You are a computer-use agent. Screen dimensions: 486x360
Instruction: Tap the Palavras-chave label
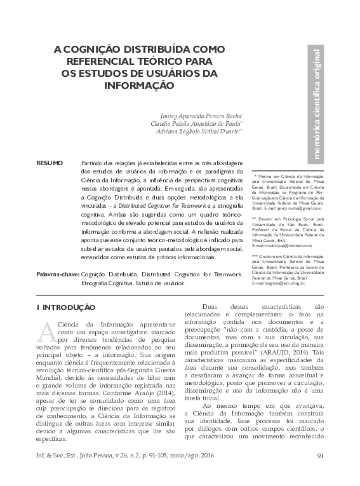tap(57, 274)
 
